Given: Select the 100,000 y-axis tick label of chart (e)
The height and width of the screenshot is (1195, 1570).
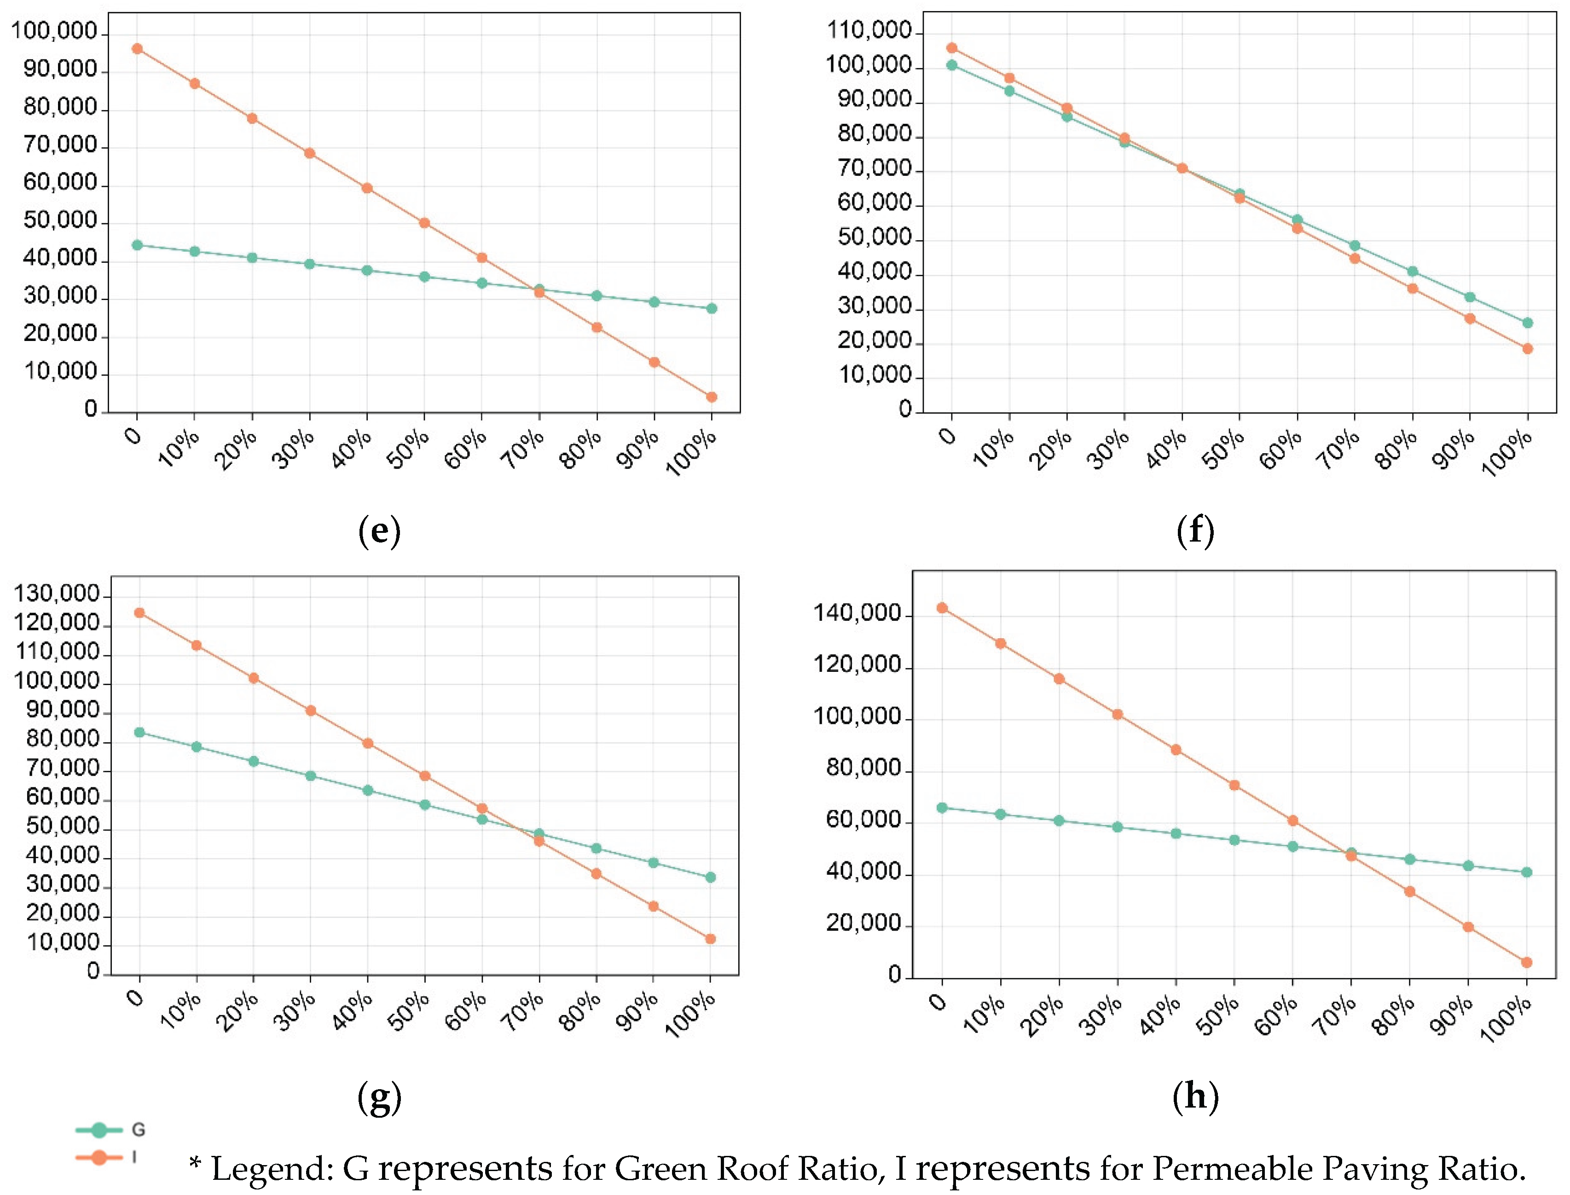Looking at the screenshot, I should click(x=54, y=31).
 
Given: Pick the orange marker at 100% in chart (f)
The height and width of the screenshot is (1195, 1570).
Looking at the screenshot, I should click(x=1527, y=348).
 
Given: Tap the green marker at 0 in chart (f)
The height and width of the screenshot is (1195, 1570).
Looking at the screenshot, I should click(x=952, y=65).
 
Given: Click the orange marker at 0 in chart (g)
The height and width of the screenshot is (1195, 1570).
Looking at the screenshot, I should click(x=139, y=612).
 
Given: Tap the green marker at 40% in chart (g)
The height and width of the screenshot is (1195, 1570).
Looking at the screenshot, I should click(x=368, y=790).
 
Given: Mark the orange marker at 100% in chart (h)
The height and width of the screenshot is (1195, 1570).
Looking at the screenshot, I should click(x=1527, y=963).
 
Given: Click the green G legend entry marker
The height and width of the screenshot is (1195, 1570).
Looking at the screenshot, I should click(x=99, y=1130).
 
